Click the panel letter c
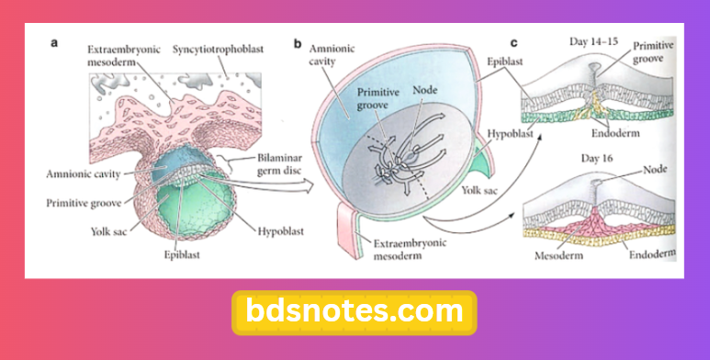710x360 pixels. click(514, 41)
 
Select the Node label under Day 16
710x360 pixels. click(655, 170)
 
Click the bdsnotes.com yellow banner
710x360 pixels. click(355, 311)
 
